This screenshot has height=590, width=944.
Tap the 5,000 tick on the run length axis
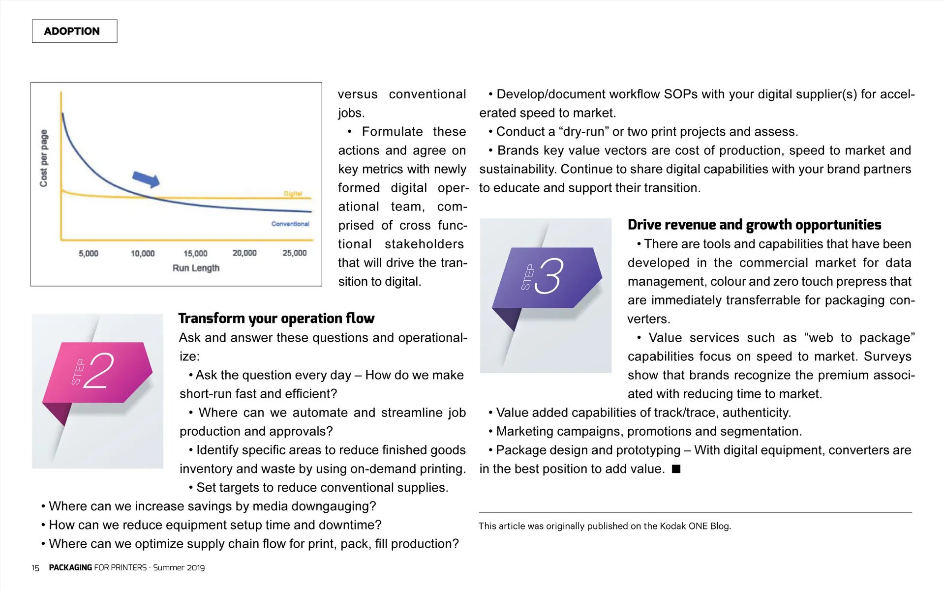click(89, 253)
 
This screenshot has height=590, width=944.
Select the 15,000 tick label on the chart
click(195, 253)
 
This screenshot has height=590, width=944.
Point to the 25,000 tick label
click(294, 253)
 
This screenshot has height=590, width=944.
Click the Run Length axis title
click(196, 268)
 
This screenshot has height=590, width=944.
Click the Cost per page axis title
click(44, 158)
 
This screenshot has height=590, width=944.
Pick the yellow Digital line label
click(293, 193)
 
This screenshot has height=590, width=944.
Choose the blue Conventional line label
click(290, 224)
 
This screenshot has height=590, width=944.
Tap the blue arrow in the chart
click(146, 179)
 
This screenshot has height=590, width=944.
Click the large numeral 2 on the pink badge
click(99, 371)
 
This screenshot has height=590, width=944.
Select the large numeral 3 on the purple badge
click(550, 276)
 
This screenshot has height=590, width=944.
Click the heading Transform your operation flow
click(276, 319)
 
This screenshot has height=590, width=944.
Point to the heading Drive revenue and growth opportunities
click(754, 225)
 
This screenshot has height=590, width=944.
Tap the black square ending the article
click(676, 469)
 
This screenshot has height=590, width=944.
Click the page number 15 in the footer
click(35, 568)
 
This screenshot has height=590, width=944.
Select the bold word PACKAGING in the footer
click(70, 567)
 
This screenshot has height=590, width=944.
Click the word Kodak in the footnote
click(672, 526)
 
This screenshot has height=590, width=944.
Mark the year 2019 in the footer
click(195, 567)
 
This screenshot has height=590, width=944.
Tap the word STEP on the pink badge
click(78, 372)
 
